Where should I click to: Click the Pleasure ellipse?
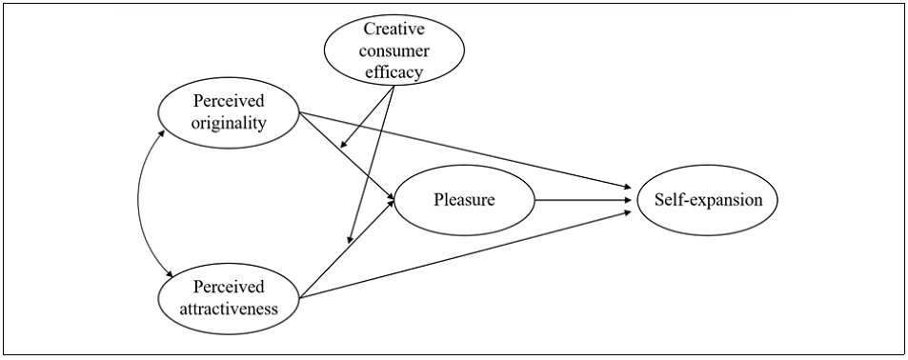tap(464, 200)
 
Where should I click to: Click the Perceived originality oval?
tap(228, 113)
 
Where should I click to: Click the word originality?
tap(228, 124)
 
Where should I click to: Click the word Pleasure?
tap(464, 200)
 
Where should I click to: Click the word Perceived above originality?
tap(228, 101)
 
